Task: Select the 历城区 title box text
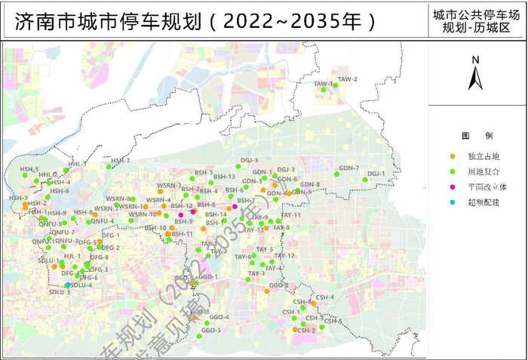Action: tap(477, 20)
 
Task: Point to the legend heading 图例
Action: tap(477, 135)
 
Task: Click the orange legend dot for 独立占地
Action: tap(452, 156)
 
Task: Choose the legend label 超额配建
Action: tap(483, 203)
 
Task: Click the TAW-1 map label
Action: tap(323, 83)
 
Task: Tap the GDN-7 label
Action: tap(348, 168)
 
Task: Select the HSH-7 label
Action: tap(121, 161)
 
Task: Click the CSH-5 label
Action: tap(333, 321)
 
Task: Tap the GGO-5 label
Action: tap(210, 330)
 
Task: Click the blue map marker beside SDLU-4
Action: tap(68, 285)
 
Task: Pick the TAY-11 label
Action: tap(291, 215)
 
